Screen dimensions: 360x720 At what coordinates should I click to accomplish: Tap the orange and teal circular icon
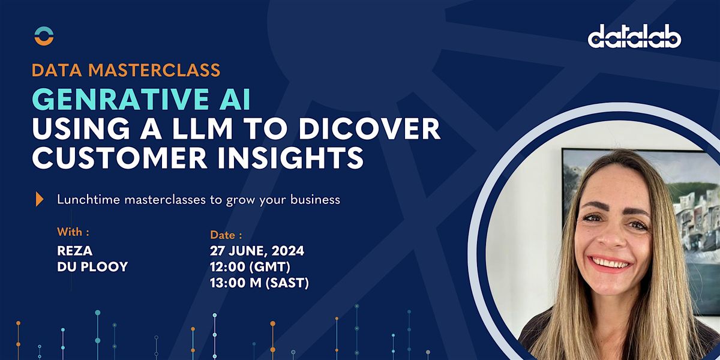[x=44, y=36]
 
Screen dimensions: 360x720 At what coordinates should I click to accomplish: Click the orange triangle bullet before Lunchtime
[x=40, y=199]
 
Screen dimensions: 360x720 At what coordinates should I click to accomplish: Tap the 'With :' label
[x=73, y=232]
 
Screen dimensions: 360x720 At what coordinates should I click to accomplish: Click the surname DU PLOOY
[x=92, y=267]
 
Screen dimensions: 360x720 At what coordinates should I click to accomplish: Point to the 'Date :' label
[x=226, y=235]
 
